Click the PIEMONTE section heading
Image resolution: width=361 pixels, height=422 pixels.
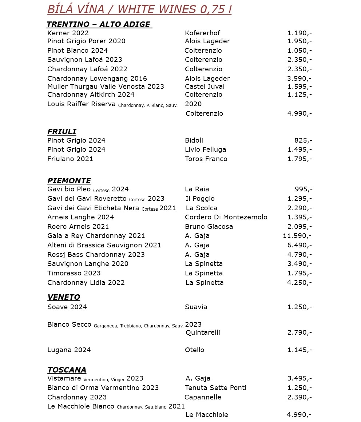69,181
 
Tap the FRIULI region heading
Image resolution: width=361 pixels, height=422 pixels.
62,132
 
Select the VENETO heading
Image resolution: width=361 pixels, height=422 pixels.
64,297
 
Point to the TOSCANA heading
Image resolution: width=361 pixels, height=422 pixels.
67,370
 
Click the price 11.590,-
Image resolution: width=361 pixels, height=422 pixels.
297,236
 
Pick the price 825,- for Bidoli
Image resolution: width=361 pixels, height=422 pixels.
303,140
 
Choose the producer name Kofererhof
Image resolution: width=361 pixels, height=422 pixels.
202,33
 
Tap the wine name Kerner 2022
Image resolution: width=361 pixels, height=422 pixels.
68,33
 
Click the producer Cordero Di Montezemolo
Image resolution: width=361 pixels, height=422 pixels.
226,217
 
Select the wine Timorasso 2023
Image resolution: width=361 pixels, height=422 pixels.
74,273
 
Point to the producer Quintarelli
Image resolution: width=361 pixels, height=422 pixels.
203,333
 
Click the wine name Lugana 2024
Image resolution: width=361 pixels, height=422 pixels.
69,350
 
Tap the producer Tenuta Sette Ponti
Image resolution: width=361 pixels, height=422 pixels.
215,388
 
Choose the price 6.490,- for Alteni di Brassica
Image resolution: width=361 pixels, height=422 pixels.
299,245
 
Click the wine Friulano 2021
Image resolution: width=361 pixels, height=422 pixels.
70,159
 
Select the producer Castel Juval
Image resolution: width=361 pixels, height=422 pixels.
205,87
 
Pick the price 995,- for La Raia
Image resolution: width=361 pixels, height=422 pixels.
303,189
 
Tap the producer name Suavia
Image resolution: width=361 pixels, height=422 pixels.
196,307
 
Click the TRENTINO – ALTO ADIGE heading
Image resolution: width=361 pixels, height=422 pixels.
99,24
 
